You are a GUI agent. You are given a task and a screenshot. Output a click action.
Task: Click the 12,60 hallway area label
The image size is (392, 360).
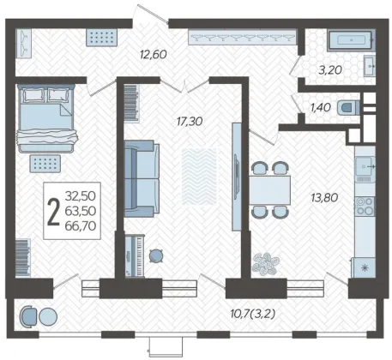click(x=154, y=54)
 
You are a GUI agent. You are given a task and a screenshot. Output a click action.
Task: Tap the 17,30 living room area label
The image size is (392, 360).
click(x=190, y=122)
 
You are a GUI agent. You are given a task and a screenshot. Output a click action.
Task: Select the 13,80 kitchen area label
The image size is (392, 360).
click(x=324, y=197)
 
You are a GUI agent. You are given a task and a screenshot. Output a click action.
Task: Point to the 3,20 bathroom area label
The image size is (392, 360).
click(x=330, y=70)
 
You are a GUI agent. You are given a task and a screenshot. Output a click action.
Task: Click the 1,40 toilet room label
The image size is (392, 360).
click(x=321, y=108)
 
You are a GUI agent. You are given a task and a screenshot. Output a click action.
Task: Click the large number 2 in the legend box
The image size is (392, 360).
click(x=53, y=211)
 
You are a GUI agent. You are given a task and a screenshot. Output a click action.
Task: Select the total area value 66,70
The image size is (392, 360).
click(x=81, y=226)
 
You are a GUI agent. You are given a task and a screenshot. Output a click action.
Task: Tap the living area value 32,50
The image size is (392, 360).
click(x=81, y=196)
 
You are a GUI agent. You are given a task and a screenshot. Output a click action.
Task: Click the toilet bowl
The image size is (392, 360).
click(x=348, y=108)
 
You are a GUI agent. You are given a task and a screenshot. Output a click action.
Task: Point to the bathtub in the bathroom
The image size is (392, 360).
click(x=352, y=40)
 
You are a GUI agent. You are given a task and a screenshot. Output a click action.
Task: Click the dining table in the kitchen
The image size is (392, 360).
click(x=269, y=190)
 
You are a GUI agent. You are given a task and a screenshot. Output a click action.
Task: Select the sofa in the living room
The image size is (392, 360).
click(x=142, y=178)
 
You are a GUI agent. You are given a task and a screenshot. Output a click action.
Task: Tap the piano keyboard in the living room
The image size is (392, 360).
click(x=135, y=255)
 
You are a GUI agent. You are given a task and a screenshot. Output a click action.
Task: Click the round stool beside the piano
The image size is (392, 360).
click(x=156, y=255)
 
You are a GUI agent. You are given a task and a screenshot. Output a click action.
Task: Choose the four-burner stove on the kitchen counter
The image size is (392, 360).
click(x=365, y=207)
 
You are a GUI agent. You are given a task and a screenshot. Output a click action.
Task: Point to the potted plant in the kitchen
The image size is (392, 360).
click(x=265, y=264)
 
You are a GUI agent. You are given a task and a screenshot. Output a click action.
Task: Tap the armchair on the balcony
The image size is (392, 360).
click(x=28, y=316)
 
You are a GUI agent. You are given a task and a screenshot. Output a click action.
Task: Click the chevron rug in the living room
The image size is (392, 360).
click(x=199, y=177)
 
